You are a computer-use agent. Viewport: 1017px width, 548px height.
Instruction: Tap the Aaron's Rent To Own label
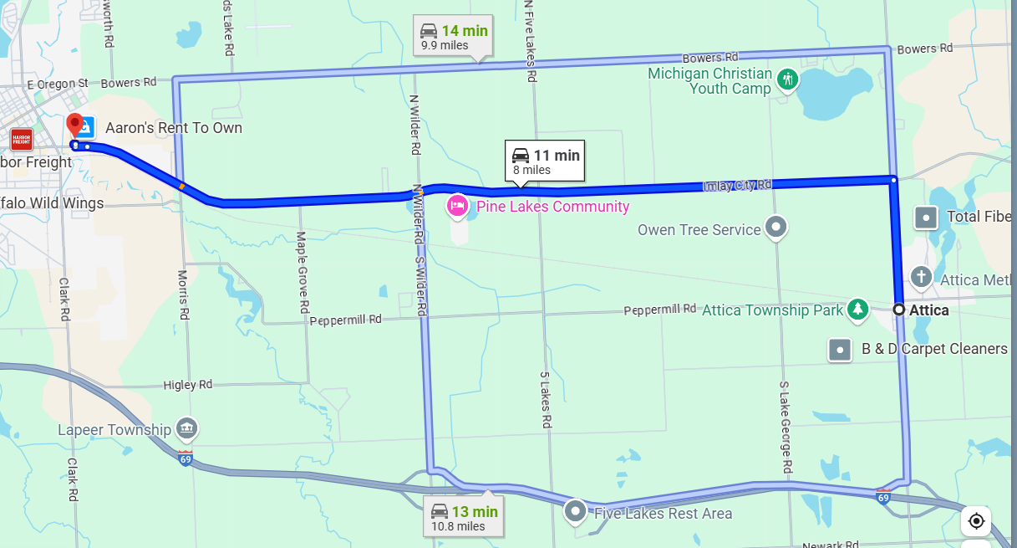tap(173, 128)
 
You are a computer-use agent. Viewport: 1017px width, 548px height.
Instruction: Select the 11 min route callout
tap(544, 161)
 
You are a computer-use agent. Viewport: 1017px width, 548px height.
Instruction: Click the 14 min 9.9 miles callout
tap(454, 37)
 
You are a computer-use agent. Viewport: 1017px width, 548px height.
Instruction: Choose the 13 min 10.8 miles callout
tap(464, 518)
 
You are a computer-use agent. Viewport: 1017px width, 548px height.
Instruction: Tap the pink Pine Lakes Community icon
tap(457, 206)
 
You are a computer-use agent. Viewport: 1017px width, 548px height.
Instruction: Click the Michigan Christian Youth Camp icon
tap(786, 80)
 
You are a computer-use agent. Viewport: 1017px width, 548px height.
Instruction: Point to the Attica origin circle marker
tap(898, 310)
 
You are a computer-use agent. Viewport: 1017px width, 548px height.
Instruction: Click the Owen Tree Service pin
tap(776, 227)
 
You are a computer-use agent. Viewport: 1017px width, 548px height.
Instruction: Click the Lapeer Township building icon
tap(186, 428)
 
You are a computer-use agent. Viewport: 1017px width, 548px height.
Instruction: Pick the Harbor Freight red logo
tap(21, 139)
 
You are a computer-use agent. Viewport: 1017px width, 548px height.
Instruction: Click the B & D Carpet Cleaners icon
tap(840, 349)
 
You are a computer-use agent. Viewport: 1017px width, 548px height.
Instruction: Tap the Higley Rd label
tap(188, 385)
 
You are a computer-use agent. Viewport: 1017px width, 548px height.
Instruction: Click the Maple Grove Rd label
tap(303, 273)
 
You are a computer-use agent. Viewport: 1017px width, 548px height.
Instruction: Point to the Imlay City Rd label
tap(736, 185)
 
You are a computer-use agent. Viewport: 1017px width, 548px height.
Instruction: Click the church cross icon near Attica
tap(921, 277)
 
